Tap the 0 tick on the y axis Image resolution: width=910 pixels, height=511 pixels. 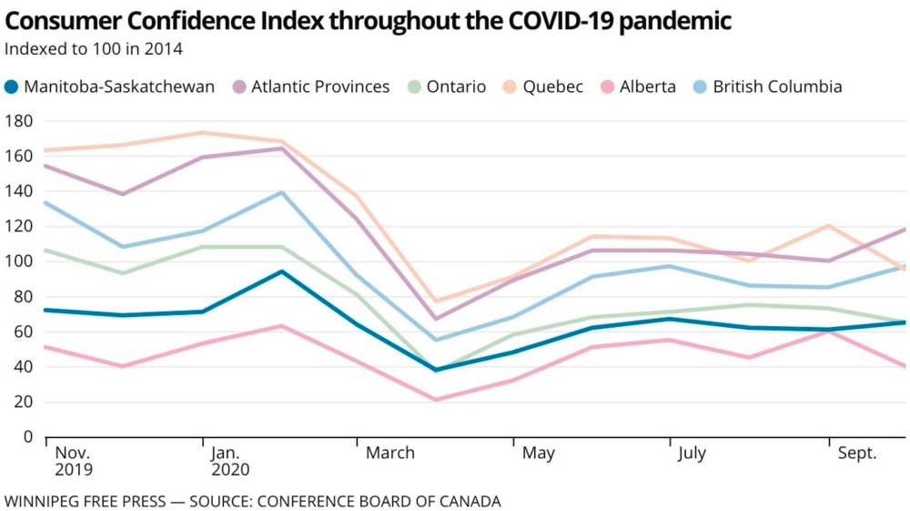click(x=27, y=437)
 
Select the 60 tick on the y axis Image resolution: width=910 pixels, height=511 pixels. click(x=22, y=332)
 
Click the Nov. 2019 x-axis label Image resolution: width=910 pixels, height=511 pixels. click(x=74, y=461)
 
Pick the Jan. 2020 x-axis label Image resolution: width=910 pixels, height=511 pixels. click(x=230, y=461)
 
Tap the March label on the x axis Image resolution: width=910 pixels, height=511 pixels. click(x=389, y=453)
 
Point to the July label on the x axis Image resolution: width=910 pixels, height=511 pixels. click(x=692, y=453)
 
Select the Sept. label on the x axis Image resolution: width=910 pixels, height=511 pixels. click(x=856, y=453)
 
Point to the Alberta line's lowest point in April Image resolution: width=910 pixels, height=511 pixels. click(x=437, y=400)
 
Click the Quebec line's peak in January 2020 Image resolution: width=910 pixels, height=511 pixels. click(x=202, y=133)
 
